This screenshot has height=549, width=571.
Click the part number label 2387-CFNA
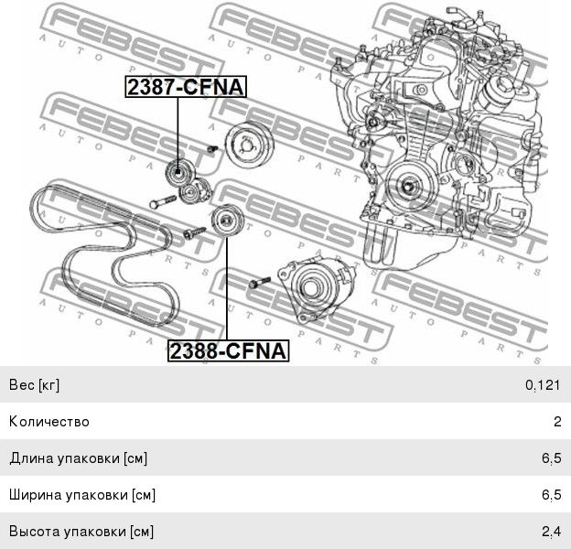pyautogui.click(x=186, y=87)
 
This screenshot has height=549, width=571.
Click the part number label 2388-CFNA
pyautogui.click(x=229, y=350)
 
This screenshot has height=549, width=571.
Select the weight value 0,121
pyautogui.click(x=543, y=385)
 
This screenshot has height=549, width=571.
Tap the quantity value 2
pyautogui.click(x=557, y=422)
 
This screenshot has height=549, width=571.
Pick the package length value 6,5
pyautogui.click(x=552, y=458)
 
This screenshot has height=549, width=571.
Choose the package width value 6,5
pyautogui.click(x=552, y=495)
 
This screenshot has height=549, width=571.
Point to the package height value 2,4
pyautogui.click(x=552, y=532)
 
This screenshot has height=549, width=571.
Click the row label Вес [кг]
pyautogui.click(x=34, y=385)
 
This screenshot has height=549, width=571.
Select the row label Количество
pyautogui.click(x=49, y=422)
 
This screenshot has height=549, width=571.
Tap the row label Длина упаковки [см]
pyautogui.click(x=79, y=458)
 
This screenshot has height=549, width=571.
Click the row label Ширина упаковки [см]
pyautogui.click(x=82, y=495)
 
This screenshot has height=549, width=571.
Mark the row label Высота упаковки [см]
pyautogui.click(x=81, y=532)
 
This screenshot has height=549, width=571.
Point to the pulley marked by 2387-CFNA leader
pyautogui.click(x=178, y=172)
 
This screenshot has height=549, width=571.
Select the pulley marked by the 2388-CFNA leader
pyautogui.click(x=227, y=220)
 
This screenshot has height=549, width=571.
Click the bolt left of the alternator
pyautogui.click(x=259, y=282)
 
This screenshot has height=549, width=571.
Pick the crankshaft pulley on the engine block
pyautogui.click(x=409, y=186)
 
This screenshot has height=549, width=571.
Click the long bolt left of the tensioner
pyautogui.click(x=163, y=201)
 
